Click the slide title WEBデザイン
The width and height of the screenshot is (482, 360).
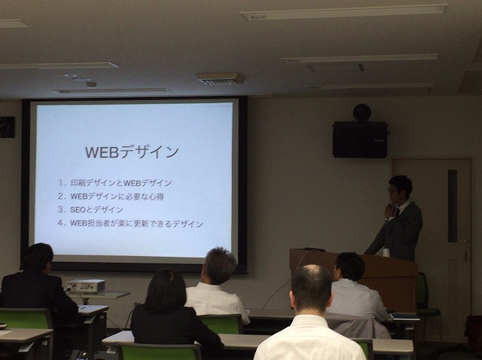pyautogui.click(x=132, y=152)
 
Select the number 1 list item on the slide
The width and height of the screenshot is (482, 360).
pyautogui.click(x=114, y=183)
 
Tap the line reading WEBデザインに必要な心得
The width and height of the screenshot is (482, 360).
pyautogui.click(x=111, y=197)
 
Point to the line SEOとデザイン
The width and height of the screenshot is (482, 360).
pyautogui.click(x=90, y=209)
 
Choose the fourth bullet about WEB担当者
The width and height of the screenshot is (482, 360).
pyautogui.click(x=130, y=223)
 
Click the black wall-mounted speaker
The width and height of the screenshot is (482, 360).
pyautogui.click(x=360, y=139)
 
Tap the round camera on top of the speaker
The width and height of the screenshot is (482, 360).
pyautogui.click(x=361, y=112)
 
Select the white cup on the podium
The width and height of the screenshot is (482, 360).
pyautogui.click(x=386, y=253)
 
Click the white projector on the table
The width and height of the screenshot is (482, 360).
pyautogui.click(x=86, y=285)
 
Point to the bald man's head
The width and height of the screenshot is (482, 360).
pyautogui.click(x=311, y=288)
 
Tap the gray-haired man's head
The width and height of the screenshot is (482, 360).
pyautogui.click(x=219, y=266)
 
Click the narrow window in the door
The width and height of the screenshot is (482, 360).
pyautogui.click(x=452, y=206)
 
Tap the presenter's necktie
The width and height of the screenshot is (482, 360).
pyautogui.click(x=397, y=212)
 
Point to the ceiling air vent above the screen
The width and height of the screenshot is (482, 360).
pyautogui.click(x=221, y=78)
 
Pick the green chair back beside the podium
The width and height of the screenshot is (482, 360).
pyautogui.click(x=423, y=291)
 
